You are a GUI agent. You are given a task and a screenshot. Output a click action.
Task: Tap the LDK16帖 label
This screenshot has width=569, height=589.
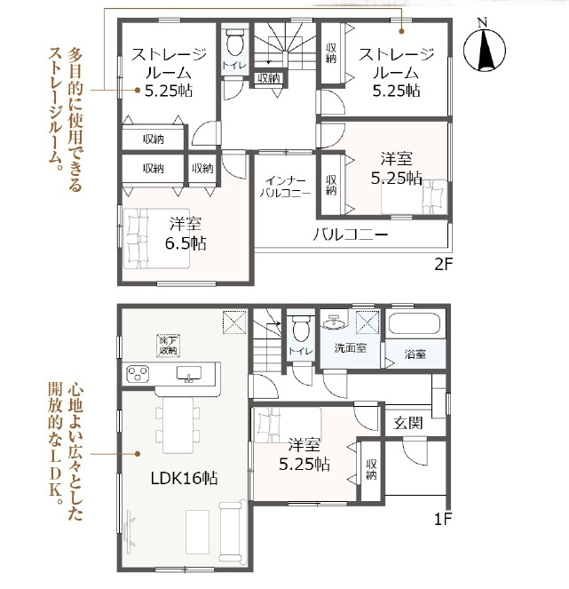pyautogui.click(x=185, y=478)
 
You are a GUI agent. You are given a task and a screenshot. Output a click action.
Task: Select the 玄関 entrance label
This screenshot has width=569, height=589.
pyautogui.click(x=408, y=423)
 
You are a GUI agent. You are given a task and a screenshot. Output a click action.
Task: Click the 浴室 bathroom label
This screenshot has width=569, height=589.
pyautogui.click(x=415, y=354)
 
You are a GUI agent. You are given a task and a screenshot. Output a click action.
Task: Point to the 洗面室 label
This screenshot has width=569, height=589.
pyautogui.click(x=351, y=348)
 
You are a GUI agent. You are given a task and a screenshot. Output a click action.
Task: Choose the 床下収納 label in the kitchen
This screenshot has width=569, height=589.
pyautogui.click(x=168, y=346)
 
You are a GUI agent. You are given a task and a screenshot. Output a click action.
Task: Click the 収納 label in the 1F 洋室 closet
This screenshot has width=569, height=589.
pyautogui.click(x=371, y=469)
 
